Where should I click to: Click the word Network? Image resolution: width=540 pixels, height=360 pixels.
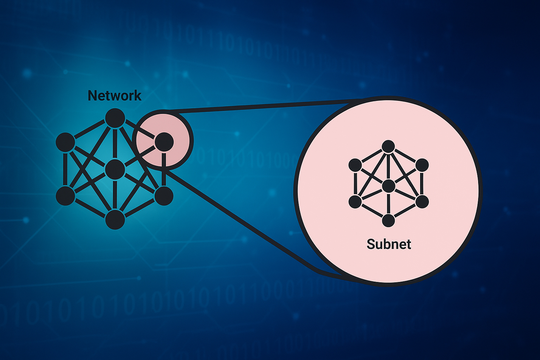click(115, 96)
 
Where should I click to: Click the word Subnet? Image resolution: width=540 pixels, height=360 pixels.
click(389, 244)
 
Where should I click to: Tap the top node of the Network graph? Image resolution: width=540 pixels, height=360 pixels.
click(115, 118)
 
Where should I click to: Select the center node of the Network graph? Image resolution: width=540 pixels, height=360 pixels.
click(115, 169)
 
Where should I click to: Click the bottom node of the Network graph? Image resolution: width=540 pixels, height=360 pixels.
click(115, 219)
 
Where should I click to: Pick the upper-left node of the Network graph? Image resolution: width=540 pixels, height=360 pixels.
click(65, 142)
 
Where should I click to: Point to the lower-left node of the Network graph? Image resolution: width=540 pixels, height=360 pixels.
click(65, 196)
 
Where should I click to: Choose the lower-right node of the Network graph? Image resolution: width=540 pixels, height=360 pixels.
click(163, 196)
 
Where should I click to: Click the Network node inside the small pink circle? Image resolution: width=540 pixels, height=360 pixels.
click(164, 142)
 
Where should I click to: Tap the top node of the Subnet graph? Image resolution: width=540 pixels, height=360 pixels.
click(388, 147)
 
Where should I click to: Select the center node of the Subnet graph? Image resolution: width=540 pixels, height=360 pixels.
click(388, 186)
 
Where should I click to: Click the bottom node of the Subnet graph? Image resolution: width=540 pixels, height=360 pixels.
click(388, 220)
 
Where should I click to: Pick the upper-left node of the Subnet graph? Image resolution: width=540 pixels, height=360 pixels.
click(355, 165)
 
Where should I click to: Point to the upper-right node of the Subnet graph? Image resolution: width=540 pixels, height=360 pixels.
click(422, 165)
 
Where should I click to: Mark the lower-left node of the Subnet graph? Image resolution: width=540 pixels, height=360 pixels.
click(355, 202)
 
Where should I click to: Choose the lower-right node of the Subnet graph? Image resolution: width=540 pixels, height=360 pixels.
click(422, 202)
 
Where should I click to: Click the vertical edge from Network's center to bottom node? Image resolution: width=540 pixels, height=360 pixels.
click(115, 195)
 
